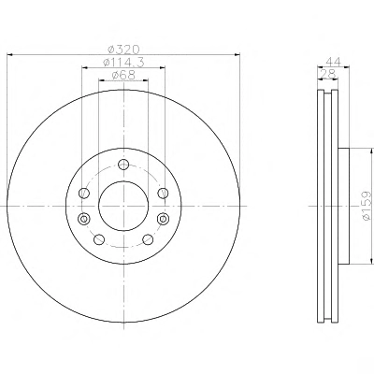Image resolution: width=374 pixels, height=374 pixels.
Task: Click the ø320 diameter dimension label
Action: click(123, 50)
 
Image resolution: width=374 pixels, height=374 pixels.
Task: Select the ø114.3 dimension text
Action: click(123, 63)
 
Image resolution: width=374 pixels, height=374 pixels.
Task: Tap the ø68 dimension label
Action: click(123, 75)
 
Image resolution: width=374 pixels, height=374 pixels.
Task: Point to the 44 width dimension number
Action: click(334, 62)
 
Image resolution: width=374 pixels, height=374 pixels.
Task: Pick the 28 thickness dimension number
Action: click(327, 74)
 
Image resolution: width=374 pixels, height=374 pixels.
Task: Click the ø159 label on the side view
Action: click(367, 206)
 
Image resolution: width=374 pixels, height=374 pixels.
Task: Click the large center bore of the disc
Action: click(123, 206)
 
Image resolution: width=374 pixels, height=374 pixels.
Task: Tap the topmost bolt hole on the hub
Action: click(123, 165)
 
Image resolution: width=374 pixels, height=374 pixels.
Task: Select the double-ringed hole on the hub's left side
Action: click(84, 219)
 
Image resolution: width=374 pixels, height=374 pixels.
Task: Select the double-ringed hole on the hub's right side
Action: click(163, 219)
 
